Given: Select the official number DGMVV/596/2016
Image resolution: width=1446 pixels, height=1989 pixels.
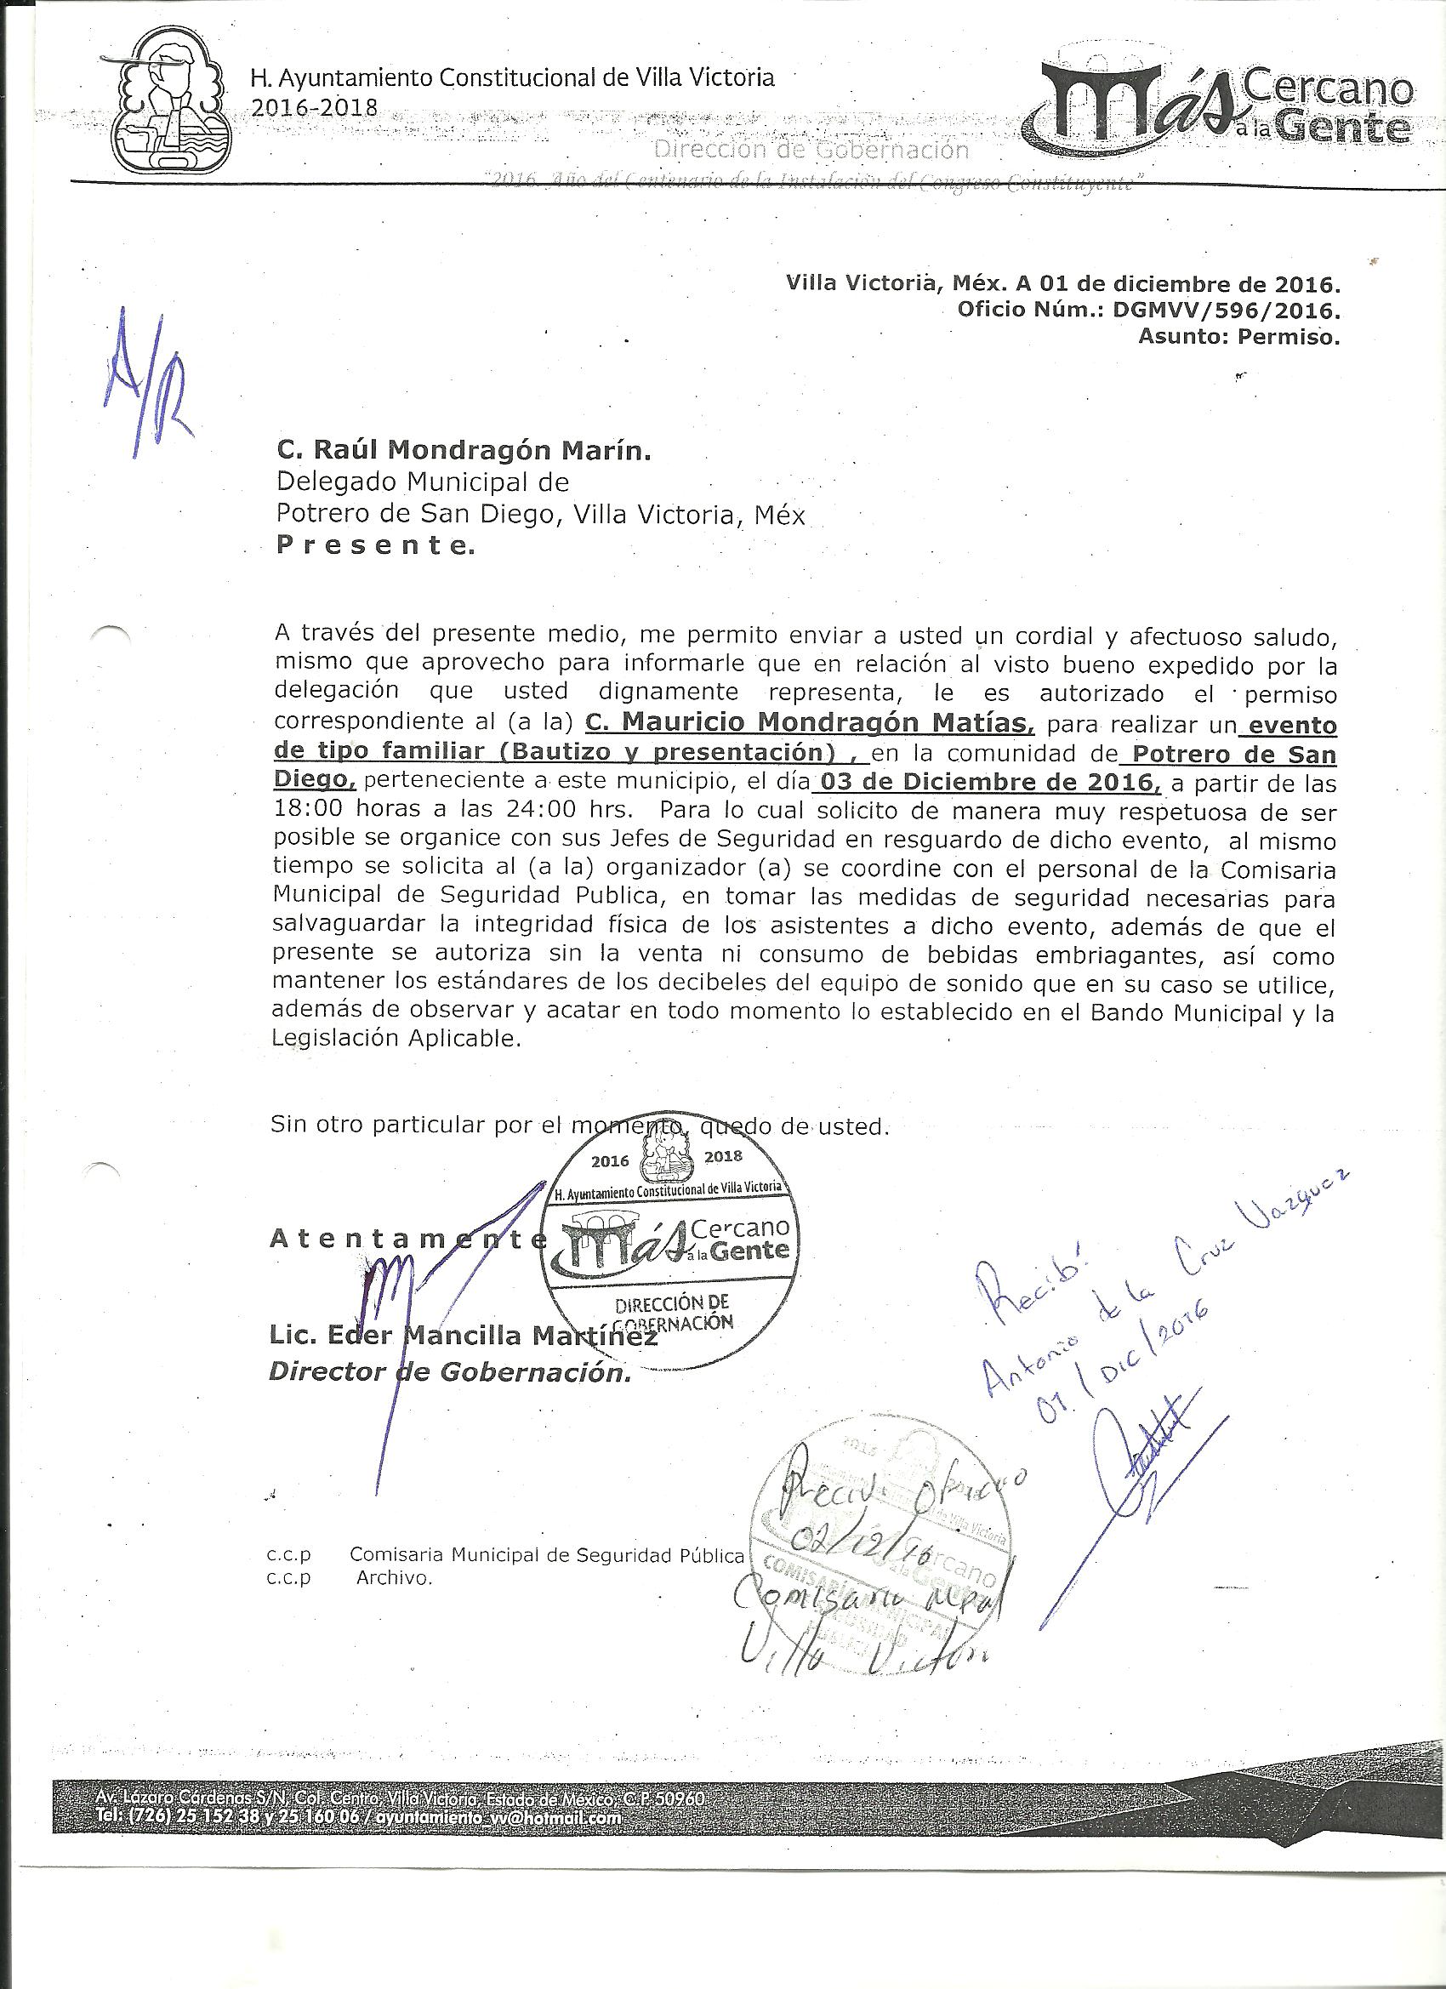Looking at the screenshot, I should click(1225, 310).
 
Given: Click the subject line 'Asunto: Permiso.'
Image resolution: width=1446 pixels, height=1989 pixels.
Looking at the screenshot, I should click(1238, 336).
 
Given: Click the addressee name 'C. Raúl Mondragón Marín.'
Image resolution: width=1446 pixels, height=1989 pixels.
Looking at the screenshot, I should click(464, 451).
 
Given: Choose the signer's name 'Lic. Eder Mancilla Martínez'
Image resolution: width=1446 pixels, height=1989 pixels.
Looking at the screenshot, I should click(463, 1335).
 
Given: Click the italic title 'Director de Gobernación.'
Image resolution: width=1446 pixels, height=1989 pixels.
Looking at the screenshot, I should click(449, 1372).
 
